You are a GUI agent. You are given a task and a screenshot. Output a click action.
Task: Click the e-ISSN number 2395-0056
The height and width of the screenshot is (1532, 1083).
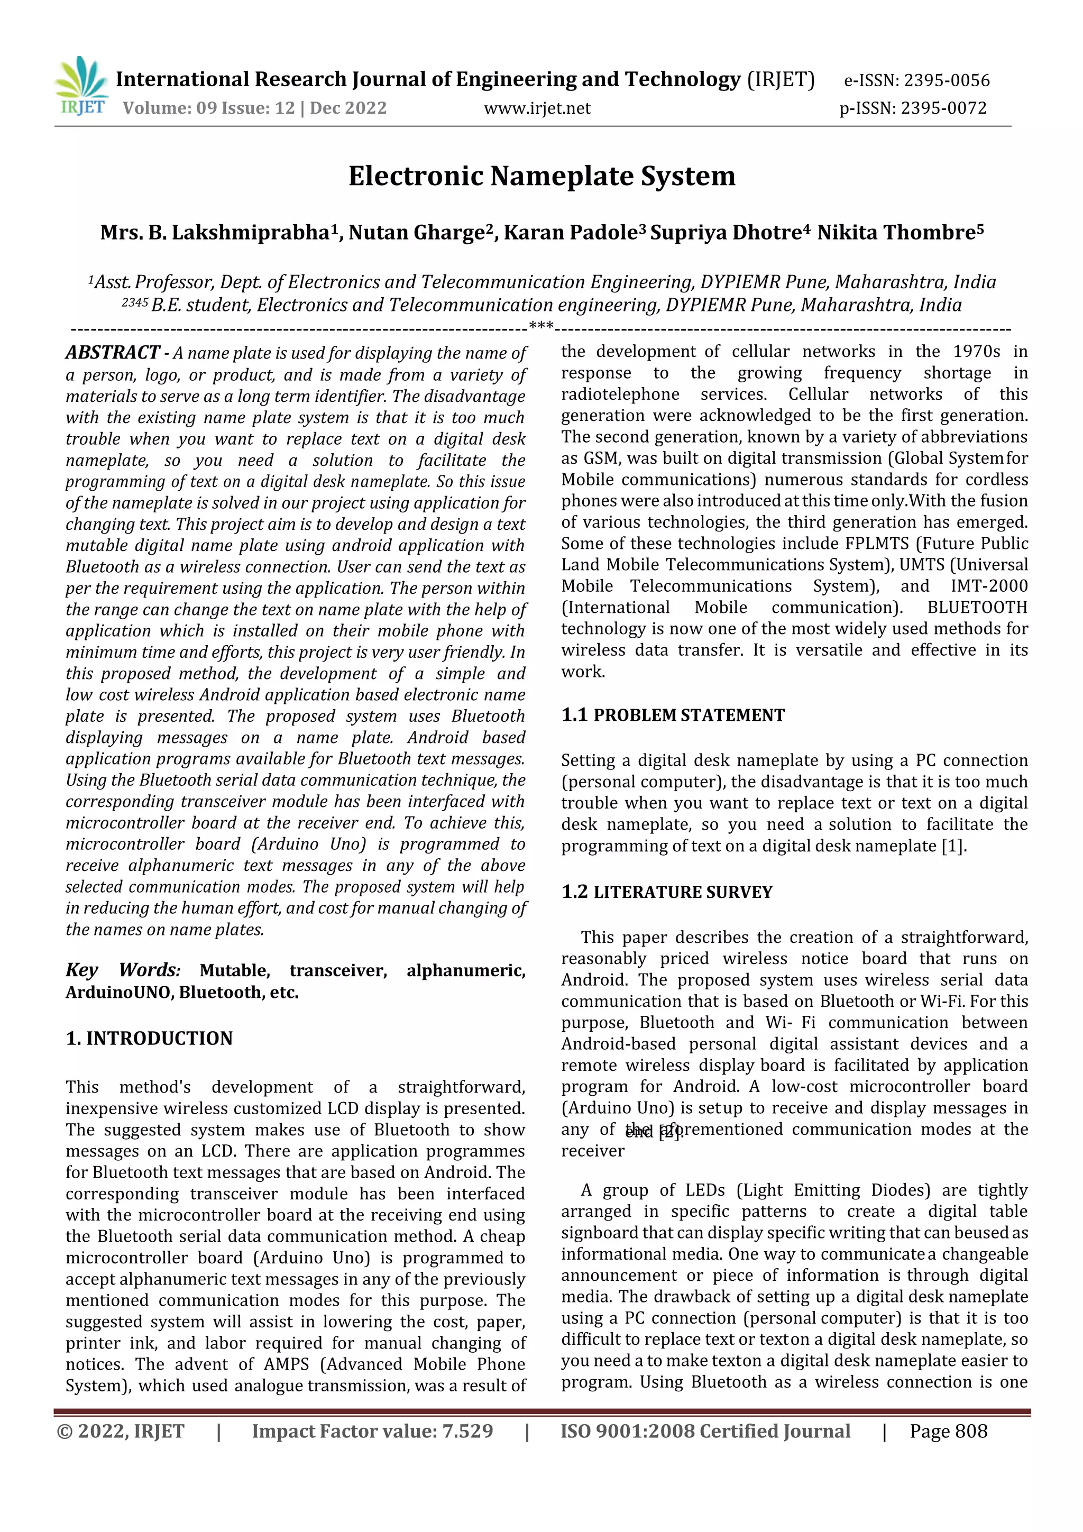[946, 81]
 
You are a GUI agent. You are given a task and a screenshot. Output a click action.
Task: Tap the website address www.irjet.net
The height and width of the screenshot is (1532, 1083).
[537, 108]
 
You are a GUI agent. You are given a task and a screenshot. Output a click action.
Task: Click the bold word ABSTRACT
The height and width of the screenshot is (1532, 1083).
[112, 352]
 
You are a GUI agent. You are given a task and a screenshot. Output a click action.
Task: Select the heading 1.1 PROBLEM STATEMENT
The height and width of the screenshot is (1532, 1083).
[673, 715]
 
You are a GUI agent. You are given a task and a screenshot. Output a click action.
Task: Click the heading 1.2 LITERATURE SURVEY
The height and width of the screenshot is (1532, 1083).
[667, 892]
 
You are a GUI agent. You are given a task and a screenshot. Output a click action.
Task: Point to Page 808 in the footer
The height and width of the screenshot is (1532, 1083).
[948, 1431]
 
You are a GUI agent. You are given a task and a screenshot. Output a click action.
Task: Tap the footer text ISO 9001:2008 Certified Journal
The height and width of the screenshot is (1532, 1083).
[705, 1431]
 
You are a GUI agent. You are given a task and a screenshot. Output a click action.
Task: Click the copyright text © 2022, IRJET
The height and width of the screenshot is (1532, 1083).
[120, 1431]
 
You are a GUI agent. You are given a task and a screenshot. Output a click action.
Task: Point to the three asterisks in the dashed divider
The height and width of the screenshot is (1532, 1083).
[540, 326]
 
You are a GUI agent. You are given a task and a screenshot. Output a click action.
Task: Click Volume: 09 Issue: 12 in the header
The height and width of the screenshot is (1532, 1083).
[208, 108]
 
